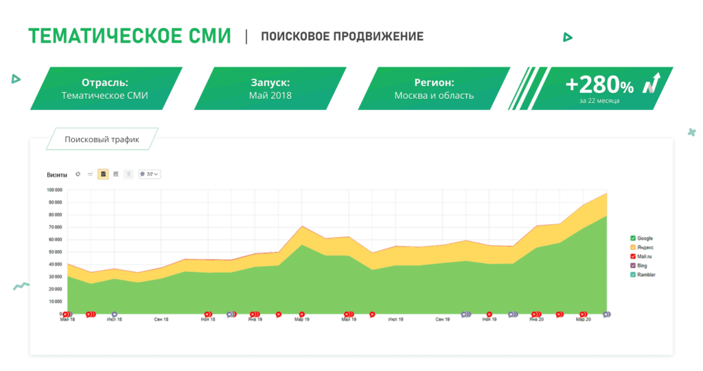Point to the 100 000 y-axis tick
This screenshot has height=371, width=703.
[54, 190]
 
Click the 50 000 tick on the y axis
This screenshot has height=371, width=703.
[55, 251]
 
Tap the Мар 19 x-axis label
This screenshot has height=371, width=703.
[302, 319]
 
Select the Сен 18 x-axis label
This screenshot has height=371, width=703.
[161, 319]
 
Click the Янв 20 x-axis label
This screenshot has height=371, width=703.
[536, 319]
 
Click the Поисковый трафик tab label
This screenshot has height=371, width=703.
[102, 139]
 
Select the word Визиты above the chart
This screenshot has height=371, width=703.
[57, 175]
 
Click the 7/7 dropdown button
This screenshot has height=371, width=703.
[150, 175]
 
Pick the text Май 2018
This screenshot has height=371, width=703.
[270, 95]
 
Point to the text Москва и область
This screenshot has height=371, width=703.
[434, 95]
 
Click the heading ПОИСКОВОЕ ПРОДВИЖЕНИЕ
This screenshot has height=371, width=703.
[342, 36]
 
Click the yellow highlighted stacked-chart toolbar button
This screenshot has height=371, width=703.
[103, 175]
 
